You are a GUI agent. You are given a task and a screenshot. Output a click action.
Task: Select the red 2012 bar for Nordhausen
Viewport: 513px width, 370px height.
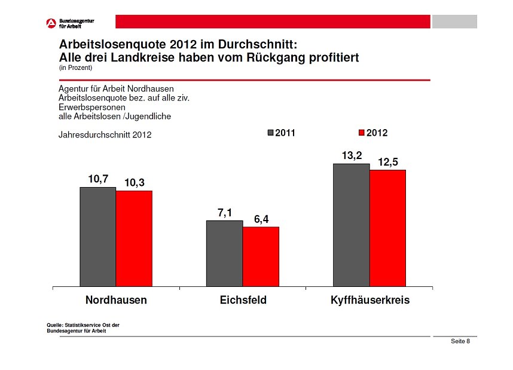point(134,238)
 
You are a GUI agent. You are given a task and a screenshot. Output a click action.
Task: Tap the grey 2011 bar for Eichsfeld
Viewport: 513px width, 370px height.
point(224,253)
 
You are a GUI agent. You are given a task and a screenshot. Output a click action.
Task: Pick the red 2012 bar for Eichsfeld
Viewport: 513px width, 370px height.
point(261,256)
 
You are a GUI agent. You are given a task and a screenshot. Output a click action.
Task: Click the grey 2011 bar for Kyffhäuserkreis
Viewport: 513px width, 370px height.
point(351,225)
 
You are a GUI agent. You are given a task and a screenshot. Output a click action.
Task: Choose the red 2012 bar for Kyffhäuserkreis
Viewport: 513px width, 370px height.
point(387,228)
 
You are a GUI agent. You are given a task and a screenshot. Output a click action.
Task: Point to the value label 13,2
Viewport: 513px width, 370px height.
point(352,155)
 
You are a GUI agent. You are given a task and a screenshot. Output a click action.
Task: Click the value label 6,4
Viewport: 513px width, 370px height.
point(261,219)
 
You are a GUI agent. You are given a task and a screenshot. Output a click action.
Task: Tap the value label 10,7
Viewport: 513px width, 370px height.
point(98,179)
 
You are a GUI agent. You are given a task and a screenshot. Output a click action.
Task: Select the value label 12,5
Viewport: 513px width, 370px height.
point(388,162)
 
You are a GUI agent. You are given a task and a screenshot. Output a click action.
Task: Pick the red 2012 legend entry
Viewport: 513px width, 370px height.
point(372,133)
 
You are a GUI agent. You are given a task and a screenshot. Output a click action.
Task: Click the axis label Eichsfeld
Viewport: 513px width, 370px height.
point(243,300)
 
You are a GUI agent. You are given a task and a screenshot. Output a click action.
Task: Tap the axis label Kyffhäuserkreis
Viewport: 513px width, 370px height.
point(370,300)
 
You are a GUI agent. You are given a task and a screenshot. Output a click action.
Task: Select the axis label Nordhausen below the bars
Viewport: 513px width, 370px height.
point(116,300)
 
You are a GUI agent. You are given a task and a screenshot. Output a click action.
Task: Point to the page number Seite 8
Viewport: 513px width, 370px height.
point(460,341)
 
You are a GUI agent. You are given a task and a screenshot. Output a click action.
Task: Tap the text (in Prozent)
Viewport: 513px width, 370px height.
point(75,68)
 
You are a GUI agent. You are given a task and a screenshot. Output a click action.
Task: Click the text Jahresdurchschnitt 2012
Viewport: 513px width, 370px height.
point(105,135)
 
